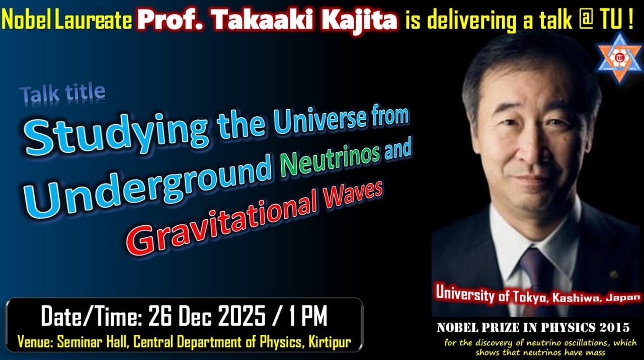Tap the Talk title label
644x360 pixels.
62,94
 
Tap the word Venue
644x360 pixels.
34,342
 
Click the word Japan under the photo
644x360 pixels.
624,298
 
